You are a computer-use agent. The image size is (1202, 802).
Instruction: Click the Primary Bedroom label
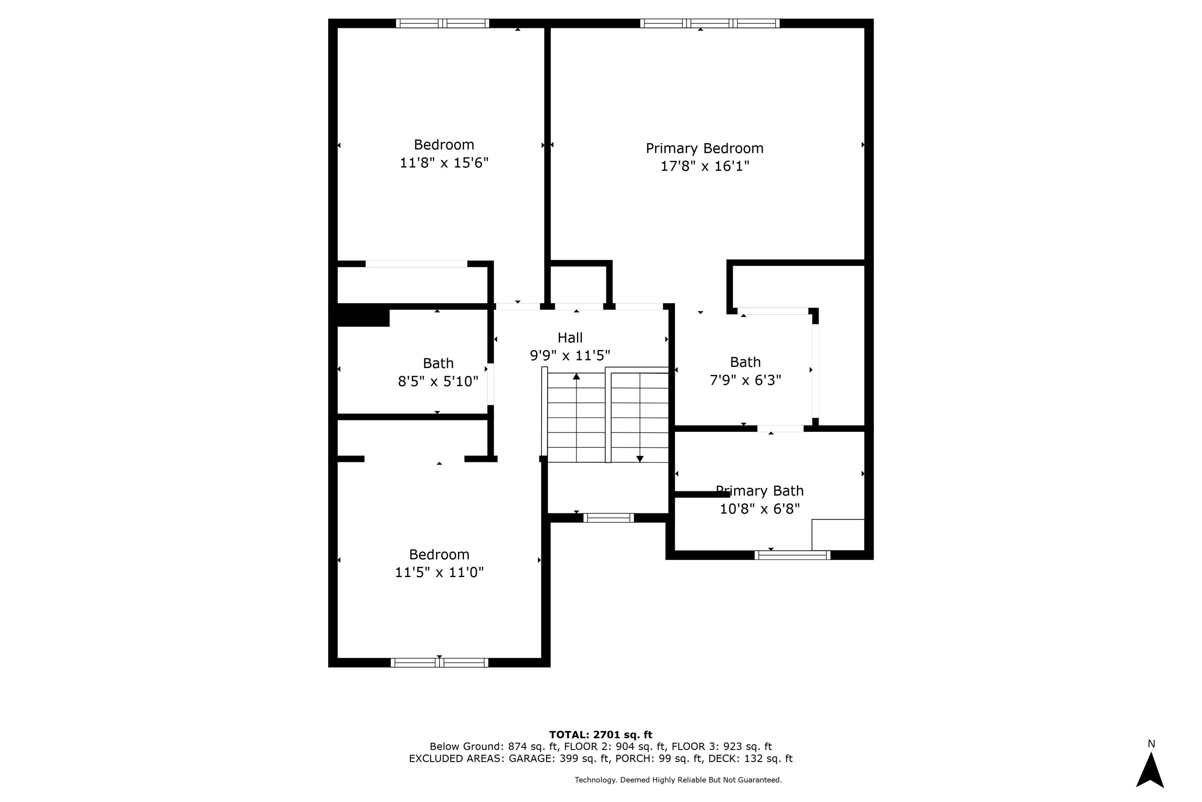point(704,148)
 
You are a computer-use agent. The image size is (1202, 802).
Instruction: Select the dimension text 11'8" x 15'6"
point(444,163)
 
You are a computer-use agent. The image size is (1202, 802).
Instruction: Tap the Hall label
point(569,338)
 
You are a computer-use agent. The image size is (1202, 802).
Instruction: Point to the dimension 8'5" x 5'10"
point(438,381)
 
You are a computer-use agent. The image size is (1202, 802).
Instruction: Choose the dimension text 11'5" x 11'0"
point(439,572)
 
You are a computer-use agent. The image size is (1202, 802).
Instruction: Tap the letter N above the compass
point(1151,744)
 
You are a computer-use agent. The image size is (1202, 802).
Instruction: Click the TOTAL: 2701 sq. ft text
point(601,735)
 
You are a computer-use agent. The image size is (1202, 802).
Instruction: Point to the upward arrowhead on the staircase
point(577,377)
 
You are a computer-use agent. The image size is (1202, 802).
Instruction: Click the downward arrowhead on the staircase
point(639,459)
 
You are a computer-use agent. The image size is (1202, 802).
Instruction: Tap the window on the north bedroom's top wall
point(443,23)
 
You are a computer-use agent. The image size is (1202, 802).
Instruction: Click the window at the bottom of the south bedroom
point(439,662)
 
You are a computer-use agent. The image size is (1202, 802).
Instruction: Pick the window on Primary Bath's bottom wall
point(792,555)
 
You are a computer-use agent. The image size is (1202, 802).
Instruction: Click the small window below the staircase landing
point(608,518)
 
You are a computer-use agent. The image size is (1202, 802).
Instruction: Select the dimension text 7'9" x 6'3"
point(745,380)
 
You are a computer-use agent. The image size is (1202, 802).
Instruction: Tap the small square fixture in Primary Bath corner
point(838,535)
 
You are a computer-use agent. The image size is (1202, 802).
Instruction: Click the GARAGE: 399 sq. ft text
point(559,759)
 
